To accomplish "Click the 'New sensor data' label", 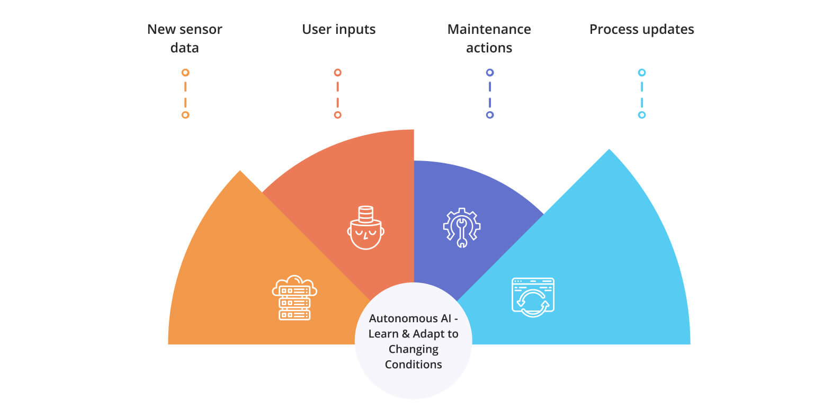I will click(184, 38).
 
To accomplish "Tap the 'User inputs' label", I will click(338, 29).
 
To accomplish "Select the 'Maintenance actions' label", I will click(489, 38).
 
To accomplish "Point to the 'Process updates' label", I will click(641, 29).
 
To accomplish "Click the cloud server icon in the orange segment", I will click(294, 298).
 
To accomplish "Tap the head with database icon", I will click(365, 228).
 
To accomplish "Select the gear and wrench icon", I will click(462, 227).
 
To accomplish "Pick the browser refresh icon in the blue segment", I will click(533, 297).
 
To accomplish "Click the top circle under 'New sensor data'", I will click(185, 73).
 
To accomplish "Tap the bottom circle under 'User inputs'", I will click(338, 115).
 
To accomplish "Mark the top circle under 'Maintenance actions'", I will click(490, 73).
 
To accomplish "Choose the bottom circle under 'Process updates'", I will click(642, 115).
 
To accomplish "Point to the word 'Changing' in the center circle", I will click(413, 349).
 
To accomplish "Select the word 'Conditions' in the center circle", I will click(413, 365).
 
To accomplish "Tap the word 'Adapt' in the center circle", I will click(429, 334).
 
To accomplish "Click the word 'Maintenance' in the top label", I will click(489, 29).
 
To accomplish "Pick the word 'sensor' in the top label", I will click(201, 29).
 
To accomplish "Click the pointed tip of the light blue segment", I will click(609, 150).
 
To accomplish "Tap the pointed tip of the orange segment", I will click(240, 172).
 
